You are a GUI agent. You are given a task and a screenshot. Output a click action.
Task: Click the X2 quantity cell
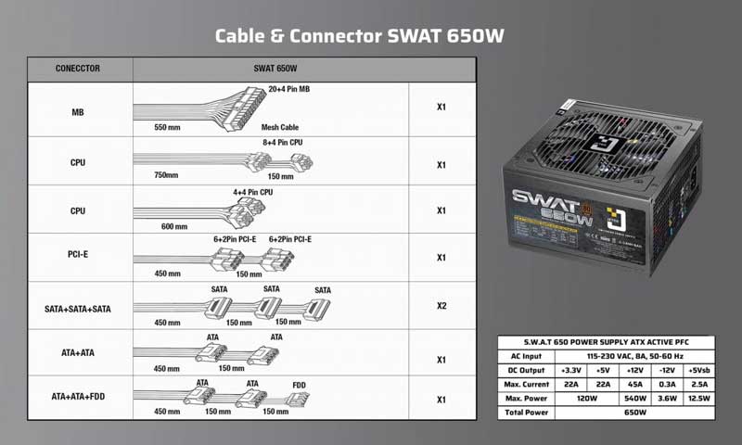pos(442,306)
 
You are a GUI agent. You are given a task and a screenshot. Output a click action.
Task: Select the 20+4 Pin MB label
pos(288,90)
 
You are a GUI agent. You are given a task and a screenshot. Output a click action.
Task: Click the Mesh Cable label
pos(282,128)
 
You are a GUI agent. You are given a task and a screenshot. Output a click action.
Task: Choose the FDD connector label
pos(300,383)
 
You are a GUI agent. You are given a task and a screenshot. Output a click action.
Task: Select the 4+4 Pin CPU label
pos(252,192)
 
